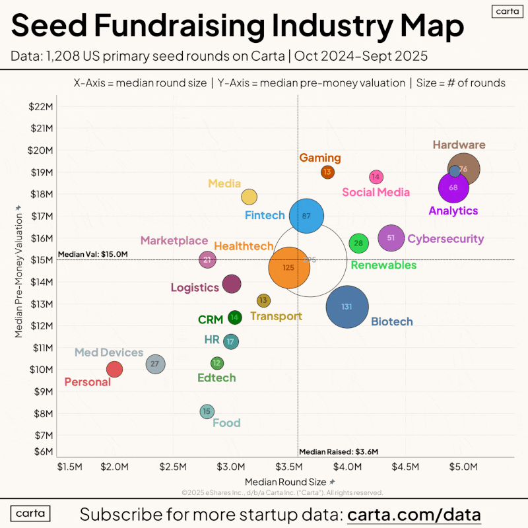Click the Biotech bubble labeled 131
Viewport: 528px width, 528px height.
[x=346, y=307]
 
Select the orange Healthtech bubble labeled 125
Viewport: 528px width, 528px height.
[x=288, y=267]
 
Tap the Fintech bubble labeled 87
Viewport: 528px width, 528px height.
[x=306, y=216]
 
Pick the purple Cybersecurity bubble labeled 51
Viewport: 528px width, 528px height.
[x=391, y=238]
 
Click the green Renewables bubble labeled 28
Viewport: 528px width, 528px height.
[x=358, y=243]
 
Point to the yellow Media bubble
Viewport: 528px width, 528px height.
[x=249, y=197]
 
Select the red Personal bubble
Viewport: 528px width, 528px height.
[x=114, y=369]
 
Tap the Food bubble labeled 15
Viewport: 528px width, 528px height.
[x=207, y=411]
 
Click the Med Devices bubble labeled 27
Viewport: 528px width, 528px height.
[x=154, y=364]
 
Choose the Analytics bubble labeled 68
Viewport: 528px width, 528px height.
[x=453, y=187]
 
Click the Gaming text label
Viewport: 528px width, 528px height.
[x=320, y=158]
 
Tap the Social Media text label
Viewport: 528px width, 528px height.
[x=376, y=193]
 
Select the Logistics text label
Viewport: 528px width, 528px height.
[x=195, y=288]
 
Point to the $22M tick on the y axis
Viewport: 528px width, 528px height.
[x=41, y=107]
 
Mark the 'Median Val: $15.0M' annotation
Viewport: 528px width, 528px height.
[x=92, y=254]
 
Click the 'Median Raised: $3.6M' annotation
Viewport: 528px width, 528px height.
[x=339, y=452]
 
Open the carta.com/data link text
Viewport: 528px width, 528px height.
[x=414, y=514]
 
